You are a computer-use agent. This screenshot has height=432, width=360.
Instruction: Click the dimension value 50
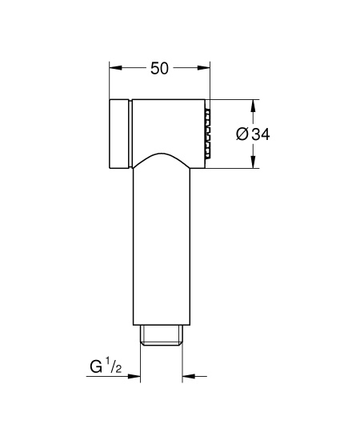point(159,68)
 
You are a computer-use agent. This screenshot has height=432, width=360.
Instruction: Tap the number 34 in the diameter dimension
point(261,134)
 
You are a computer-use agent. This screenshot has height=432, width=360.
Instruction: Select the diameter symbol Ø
point(242,134)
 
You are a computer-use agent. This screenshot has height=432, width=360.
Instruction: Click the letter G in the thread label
point(96,366)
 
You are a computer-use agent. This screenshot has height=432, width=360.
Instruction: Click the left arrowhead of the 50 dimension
point(115,68)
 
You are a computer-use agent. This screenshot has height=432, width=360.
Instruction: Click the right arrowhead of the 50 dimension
point(204,68)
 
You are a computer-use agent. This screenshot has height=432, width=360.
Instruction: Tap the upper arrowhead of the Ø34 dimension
point(253,106)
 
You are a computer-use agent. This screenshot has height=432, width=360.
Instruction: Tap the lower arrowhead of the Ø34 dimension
point(253,162)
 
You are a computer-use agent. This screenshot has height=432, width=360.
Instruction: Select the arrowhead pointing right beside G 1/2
point(134,376)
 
